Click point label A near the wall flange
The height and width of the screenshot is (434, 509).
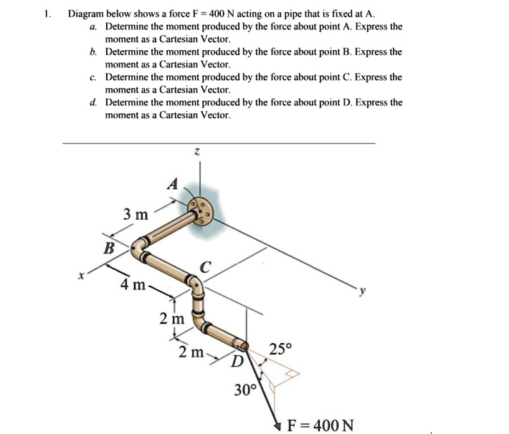click(171, 184)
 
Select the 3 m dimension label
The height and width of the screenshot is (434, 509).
click(135, 214)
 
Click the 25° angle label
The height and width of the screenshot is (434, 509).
click(280, 350)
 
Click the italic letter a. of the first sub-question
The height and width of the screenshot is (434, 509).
click(93, 26)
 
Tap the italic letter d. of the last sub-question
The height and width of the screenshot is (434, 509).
click(93, 102)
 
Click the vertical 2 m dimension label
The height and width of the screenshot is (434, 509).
click(172, 317)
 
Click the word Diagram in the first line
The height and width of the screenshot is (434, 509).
click(87, 14)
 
